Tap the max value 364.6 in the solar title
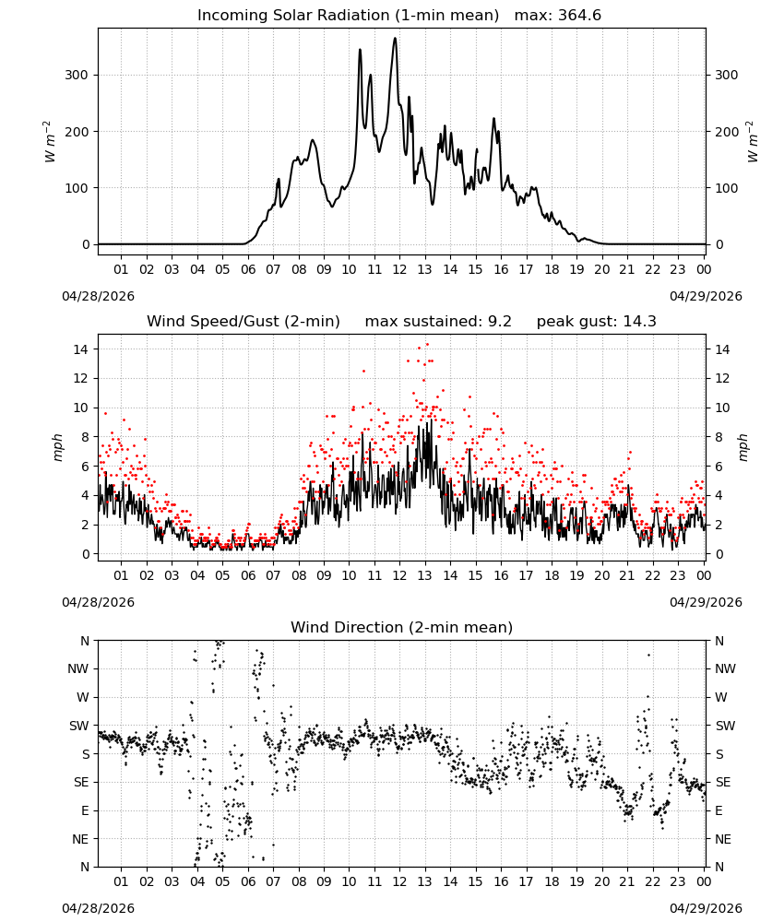click(x=579, y=16)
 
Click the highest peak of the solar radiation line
click(x=396, y=38)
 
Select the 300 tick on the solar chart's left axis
click(x=77, y=76)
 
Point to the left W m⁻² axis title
click(x=50, y=142)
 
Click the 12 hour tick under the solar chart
click(x=399, y=269)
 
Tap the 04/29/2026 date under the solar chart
click(x=706, y=296)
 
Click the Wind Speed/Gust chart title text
click(x=243, y=322)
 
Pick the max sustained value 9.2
click(x=500, y=322)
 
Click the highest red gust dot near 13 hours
click(x=427, y=345)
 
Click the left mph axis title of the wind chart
click(x=57, y=447)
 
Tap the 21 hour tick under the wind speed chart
click(x=627, y=575)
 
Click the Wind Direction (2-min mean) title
click(x=402, y=627)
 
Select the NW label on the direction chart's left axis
click(x=78, y=669)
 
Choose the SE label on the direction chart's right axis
click(x=723, y=783)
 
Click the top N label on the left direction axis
click(x=85, y=641)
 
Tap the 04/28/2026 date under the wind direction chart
click(x=98, y=908)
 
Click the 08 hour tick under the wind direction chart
click(x=299, y=881)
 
